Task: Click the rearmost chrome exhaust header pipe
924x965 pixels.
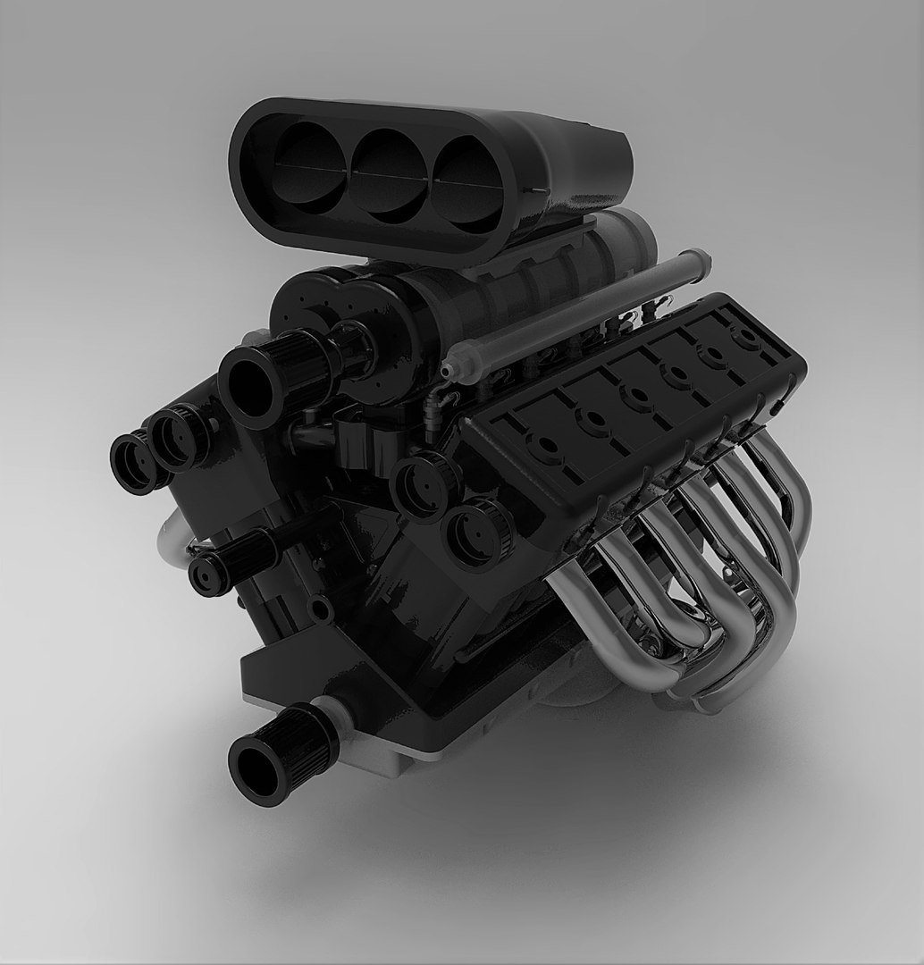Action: [x=786, y=500]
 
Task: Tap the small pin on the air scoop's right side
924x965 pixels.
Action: [x=537, y=191]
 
